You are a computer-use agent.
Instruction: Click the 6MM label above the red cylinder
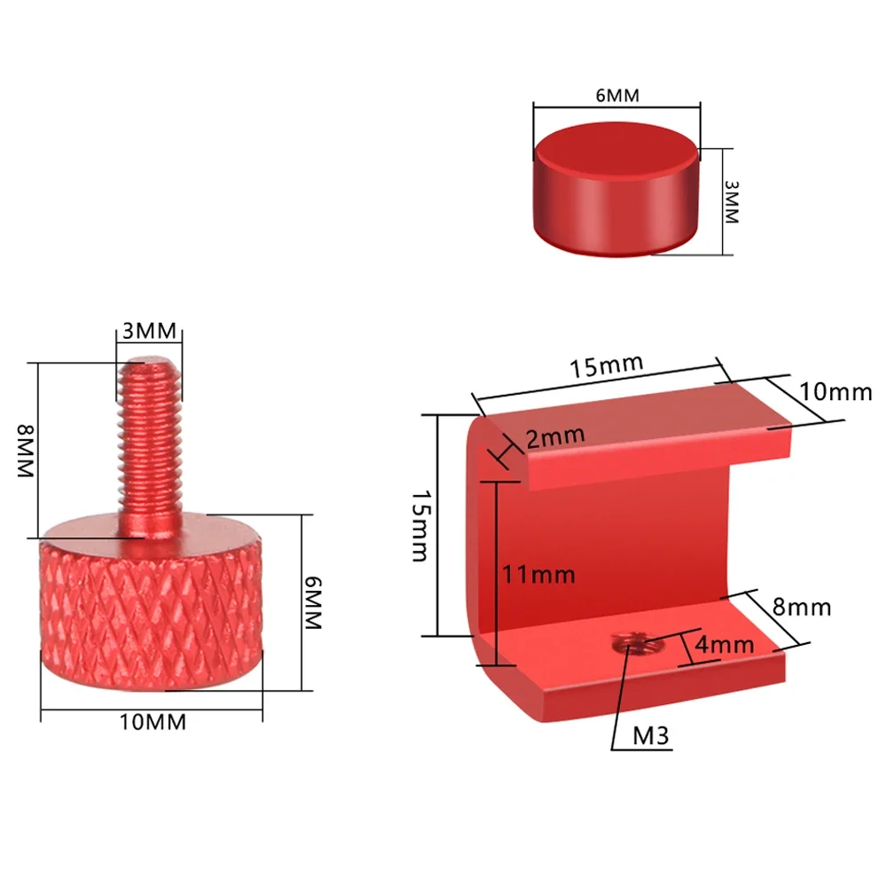[x=616, y=95]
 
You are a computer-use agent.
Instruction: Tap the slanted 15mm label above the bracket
[x=608, y=366]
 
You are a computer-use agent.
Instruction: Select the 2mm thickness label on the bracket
[x=554, y=436]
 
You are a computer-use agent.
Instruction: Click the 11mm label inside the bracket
[x=538, y=575]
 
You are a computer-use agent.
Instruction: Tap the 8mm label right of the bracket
[x=801, y=608]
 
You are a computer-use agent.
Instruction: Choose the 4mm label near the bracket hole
[x=724, y=645]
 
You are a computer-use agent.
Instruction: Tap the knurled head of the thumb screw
[x=151, y=612]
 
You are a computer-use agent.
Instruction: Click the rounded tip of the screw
[x=149, y=363]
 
